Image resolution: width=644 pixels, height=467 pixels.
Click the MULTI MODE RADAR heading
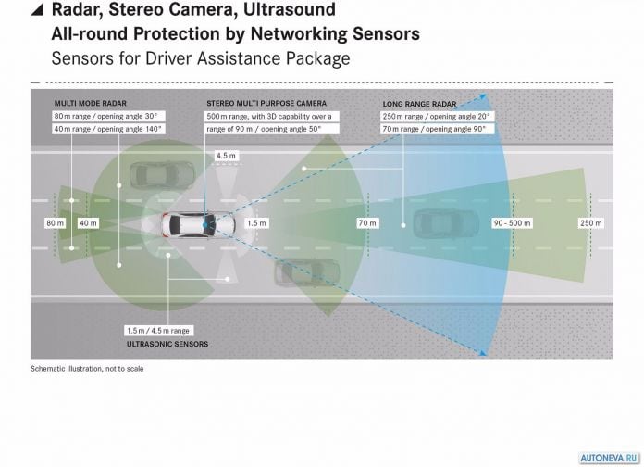point(91,103)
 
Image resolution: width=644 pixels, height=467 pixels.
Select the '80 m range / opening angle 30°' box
point(108,117)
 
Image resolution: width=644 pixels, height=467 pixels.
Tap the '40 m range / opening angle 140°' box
point(108,129)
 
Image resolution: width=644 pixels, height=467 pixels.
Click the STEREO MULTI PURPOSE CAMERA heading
point(266,103)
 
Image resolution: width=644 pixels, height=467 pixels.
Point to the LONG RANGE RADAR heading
point(419,104)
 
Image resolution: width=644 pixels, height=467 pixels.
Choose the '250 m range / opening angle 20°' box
point(437,117)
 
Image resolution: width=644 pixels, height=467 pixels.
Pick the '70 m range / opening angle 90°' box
point(437,129)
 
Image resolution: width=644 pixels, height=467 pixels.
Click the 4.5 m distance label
point(227,156)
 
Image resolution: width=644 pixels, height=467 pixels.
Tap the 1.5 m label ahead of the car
point(256,223)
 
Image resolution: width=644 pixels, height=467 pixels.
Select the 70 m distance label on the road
point(367,223)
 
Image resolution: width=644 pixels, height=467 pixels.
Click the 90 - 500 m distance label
point(513,223)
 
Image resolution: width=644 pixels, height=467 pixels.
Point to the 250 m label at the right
point(591,223)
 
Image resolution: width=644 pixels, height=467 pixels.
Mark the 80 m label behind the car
point(55,223)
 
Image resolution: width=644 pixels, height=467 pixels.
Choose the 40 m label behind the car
point(88,223)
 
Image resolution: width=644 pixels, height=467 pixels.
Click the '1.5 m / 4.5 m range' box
point(158,331)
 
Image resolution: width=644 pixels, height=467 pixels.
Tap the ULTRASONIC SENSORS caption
point(167,344)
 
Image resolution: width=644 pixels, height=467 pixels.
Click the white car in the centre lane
point(198,224)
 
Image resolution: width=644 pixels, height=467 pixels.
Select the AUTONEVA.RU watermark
point(609,458)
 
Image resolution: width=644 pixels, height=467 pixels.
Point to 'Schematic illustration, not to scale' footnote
point(87,369)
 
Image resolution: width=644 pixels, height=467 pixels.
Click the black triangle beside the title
point(37,9)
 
